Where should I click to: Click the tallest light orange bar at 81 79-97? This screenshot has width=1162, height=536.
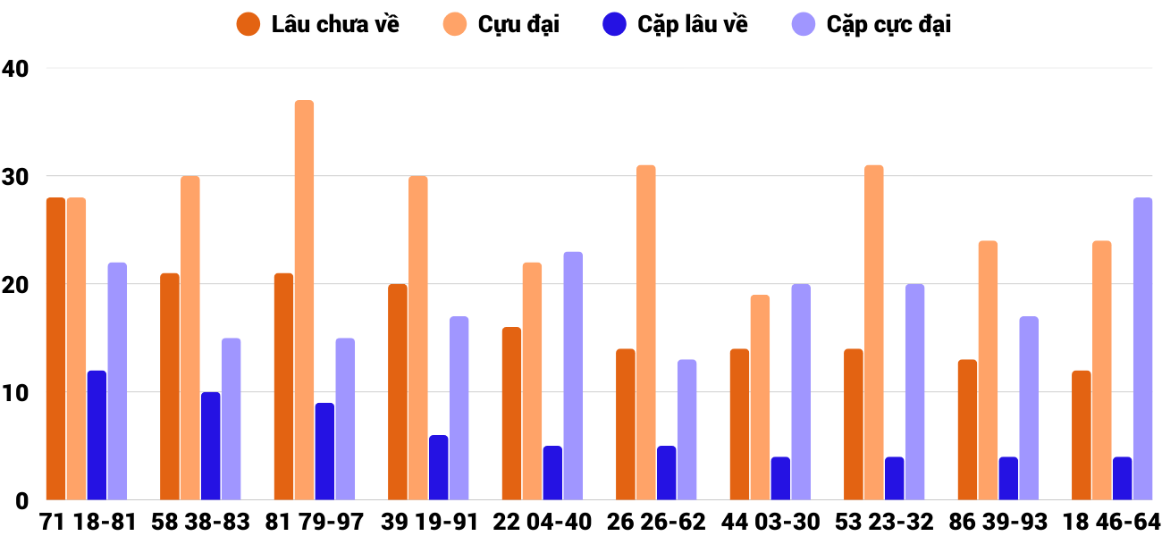click(x=304, y=300)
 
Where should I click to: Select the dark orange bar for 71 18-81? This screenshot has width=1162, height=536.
click(x=55, y=348)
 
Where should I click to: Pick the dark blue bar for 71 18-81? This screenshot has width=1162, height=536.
click(x=97, y=435)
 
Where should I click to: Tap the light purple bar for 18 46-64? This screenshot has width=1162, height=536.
click(x=1142, y=348)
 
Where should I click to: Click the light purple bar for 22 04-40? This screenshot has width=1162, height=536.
click(x=573, y=376)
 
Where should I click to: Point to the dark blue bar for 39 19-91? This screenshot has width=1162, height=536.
click(x=438, y=467)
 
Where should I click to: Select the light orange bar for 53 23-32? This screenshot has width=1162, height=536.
click(x=873, y=332)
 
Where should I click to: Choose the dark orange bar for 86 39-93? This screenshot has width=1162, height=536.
click(x=967, y=430)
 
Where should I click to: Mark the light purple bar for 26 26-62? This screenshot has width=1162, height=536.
click(x=686, y=430)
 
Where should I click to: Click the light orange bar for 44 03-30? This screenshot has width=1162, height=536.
click(x=760, y=398)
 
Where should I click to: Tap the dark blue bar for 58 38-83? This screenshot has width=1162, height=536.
click(x=210, y=446)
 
